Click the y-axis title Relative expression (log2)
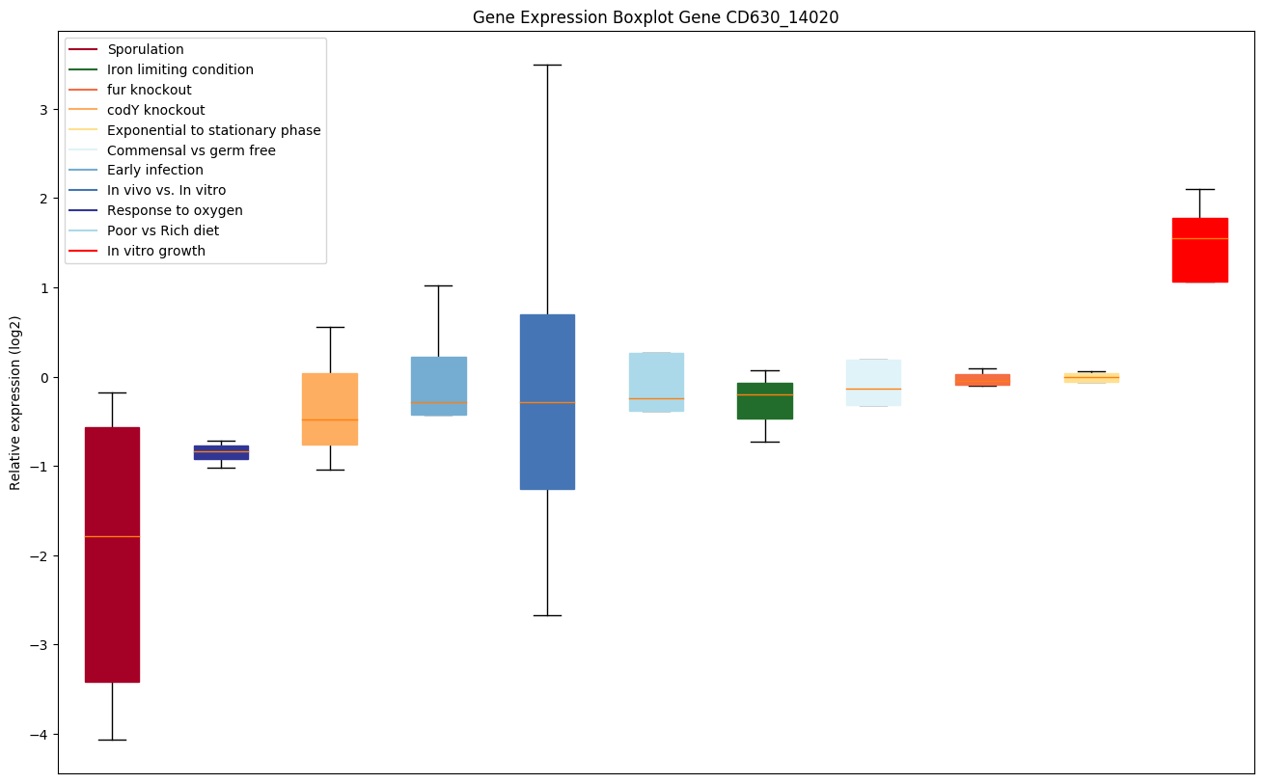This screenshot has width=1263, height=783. click(15, 402)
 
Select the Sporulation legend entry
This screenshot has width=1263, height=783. click(146, 49)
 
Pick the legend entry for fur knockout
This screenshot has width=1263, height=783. click(150, 90)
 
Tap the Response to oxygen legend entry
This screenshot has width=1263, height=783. click(175, 210)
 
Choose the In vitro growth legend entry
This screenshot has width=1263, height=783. click(156, 251)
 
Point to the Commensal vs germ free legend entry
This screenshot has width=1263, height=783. click(191, 150)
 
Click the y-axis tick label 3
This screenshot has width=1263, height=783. click(42, 109)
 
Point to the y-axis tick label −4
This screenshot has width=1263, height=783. click(39, 735)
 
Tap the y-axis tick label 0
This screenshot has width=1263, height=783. click(42, 377)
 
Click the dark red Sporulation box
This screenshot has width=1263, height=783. click(112, 607)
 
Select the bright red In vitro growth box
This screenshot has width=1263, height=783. click(1199, 260)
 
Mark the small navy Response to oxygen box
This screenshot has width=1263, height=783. click(221, 452)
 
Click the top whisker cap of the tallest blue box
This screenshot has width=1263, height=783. click(547, 65)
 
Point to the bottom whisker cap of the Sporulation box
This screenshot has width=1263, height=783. click(112, 740)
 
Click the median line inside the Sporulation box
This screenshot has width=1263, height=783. click(112, 536)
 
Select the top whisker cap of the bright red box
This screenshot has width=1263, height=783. click(1199, 189)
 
